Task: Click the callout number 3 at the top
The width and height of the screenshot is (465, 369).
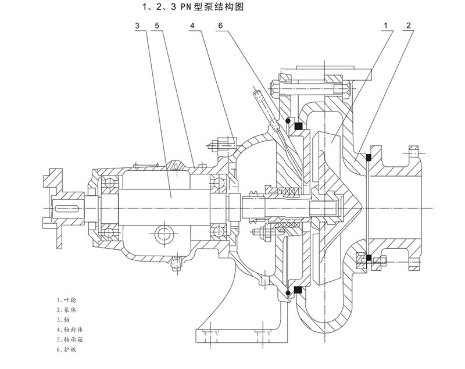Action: [x=137, y=26]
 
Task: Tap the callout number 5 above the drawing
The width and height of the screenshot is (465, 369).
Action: [x=157, y=26]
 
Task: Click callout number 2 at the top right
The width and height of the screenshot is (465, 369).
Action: [x=410, y=26]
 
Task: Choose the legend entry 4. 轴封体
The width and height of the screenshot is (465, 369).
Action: [x=70, y=331]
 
